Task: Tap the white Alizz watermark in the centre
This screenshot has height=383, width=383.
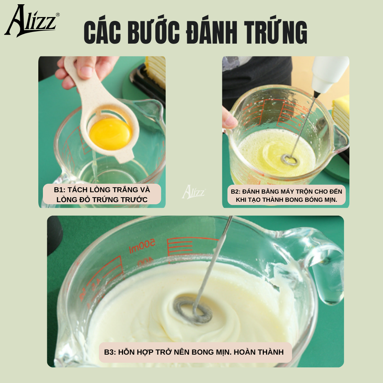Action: coord(194,192)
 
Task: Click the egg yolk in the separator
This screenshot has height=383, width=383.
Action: coord(110,134)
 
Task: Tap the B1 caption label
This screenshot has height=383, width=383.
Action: coord(102,194)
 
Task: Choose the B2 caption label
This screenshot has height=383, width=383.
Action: coord(286,195)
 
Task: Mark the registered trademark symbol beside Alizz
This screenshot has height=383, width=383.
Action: coord(58,15)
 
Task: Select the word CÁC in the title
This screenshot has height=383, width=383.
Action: coord(102,32)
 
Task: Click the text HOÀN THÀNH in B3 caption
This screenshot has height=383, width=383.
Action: coord(259,352)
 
